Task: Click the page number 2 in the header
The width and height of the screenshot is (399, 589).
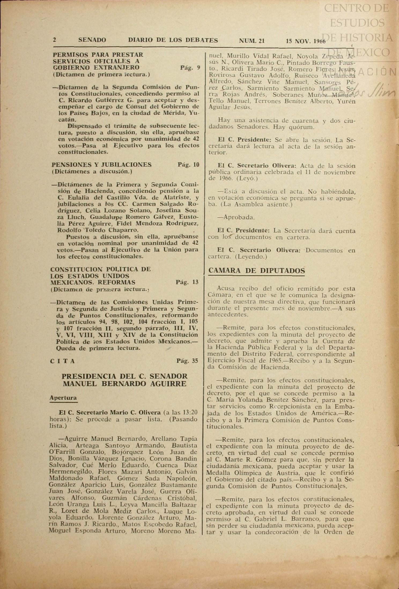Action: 54,40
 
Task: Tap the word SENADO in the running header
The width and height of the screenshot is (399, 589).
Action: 92,40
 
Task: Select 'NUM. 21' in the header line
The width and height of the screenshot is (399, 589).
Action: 252,41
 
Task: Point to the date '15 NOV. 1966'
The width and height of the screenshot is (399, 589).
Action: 305,41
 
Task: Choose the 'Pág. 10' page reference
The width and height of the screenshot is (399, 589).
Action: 189,165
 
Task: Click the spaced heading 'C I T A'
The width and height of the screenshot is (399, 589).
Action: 62,361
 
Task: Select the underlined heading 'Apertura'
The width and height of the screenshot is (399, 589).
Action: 63,398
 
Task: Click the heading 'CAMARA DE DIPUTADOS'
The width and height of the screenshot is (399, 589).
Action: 256,271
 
